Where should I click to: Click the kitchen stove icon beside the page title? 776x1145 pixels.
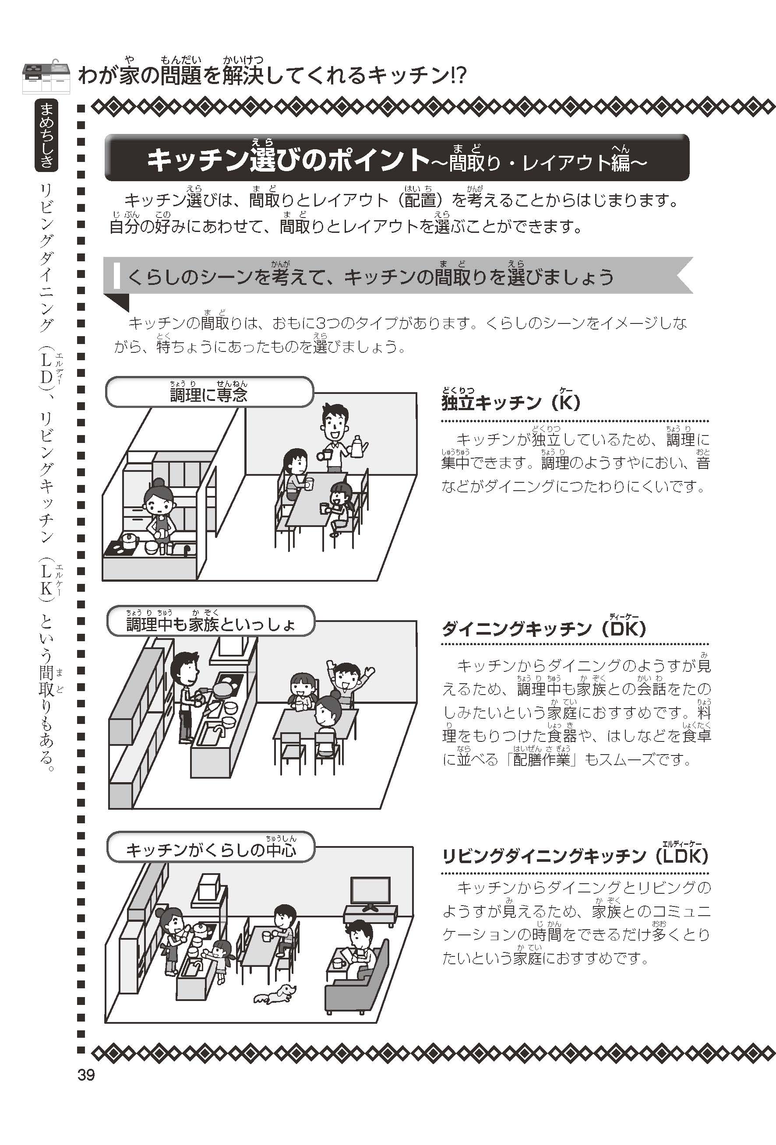46,78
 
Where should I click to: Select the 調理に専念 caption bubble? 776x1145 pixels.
209,392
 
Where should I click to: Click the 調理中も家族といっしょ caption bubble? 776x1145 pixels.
211,621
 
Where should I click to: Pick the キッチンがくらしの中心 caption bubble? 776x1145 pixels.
211,847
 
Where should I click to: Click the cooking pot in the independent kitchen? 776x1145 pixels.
129,540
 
